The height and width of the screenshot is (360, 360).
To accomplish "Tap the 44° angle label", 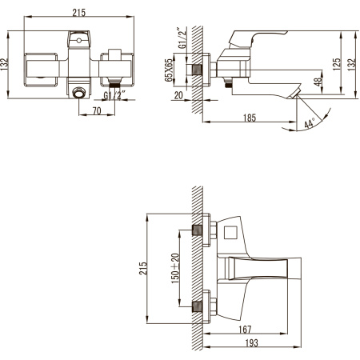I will pyautogui.click(x=309, y=123).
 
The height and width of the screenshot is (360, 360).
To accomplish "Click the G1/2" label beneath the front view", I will pyautogui.click(x=115, y=95).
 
